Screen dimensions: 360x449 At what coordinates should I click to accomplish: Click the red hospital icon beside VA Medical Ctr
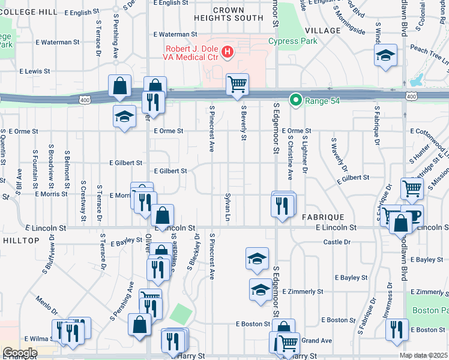(228, 53)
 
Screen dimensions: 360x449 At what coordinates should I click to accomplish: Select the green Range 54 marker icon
(295, 100)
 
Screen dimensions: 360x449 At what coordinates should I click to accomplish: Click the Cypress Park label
(292, 41)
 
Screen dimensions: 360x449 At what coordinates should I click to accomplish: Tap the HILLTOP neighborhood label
(20, 240)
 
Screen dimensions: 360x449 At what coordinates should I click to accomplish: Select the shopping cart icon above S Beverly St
(238, 84)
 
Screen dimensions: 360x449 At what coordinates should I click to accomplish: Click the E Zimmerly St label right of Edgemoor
(303, 292)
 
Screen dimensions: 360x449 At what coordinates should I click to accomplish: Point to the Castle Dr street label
(337, 242)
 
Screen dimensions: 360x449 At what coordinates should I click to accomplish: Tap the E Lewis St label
(34, 71)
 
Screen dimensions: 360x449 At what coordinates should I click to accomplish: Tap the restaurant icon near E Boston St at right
(397, 329)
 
